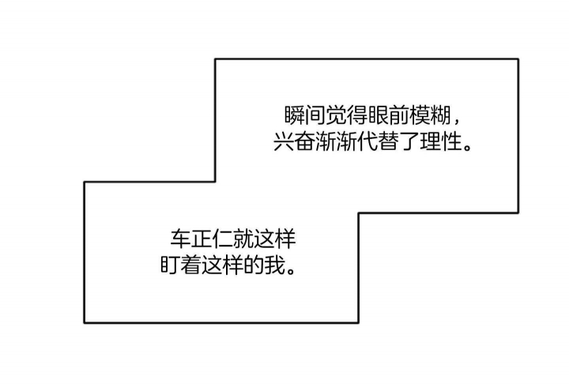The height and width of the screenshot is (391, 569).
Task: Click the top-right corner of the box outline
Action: [x=518, y=59]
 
